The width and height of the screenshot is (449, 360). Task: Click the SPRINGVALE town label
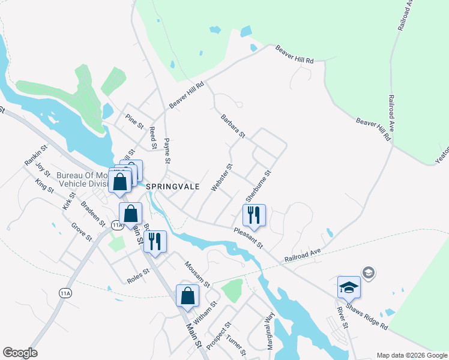pyautogui.click(x=173, y=187)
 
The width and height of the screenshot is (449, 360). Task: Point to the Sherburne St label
pyautogui.click(x=259, y=185)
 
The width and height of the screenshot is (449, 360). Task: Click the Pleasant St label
pyautogui.click(x=249, y=238)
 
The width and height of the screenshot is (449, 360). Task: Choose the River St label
pyautogui.click(x=342, y=317)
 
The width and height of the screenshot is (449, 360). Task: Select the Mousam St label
pyautogui.click(x=197, y=274)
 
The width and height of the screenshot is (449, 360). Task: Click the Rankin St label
pyautogui.click(x=35, y=155)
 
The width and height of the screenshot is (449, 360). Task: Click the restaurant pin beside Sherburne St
pyautogui.click(x=254, y=215)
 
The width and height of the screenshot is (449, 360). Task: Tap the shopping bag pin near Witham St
pyautogui.click(x=187, y=296)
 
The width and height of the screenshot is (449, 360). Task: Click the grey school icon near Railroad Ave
pyautogui.click(x=368, y=274)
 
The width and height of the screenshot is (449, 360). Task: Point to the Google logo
pyautogui.click(x=20, y=353)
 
